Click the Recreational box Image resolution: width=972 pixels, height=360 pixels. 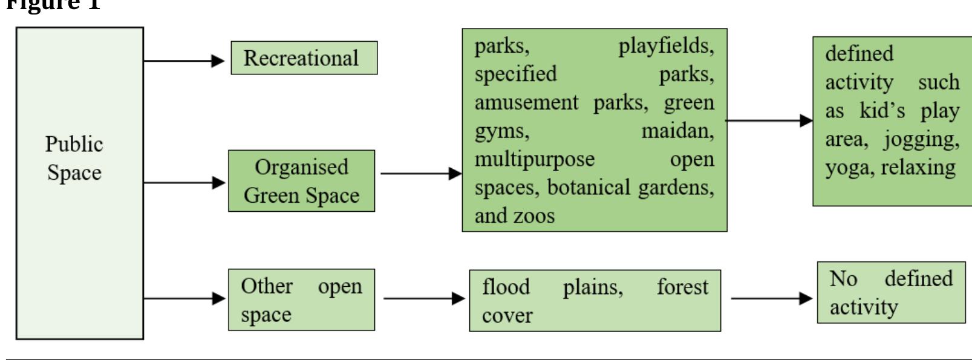(304, 58)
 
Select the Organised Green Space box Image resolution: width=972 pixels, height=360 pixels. (301, 181)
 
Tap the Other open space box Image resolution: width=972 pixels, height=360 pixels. (301, 299)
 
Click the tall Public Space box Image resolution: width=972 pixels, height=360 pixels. (79, 183)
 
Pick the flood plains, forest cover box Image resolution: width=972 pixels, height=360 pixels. (595, 301)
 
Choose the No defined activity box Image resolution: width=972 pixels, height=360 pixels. (890, 292)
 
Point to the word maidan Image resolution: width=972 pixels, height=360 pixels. (677, 131)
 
